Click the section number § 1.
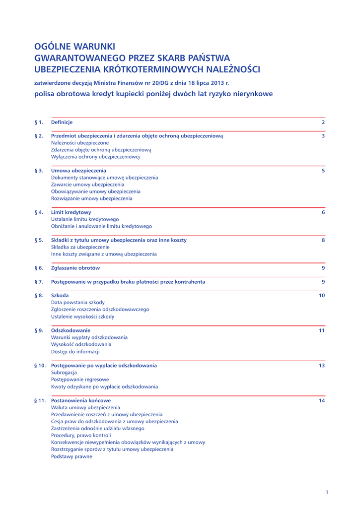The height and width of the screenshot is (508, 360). click(x=39, y=122)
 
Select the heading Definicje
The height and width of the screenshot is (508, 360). click(x=62, y=122)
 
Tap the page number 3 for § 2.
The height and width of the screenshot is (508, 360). click(x=323, y=135)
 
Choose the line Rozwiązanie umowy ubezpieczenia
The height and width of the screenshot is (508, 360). click(x=92, y=198)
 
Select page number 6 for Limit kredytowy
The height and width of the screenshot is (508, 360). click(x=323, y=212)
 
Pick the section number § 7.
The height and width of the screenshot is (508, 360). click(x=39, y=282)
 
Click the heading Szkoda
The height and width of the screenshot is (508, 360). click(x=60, y=295)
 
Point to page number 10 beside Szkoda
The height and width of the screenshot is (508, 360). click(x=321, y=296)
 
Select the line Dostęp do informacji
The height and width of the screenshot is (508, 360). click(x=75, y=351)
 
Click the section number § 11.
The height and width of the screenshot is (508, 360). click(x=40, y=400)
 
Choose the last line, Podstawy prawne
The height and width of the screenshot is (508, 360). click(x=72, y=456)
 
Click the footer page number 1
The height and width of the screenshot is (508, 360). click(x=327, y=492)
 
